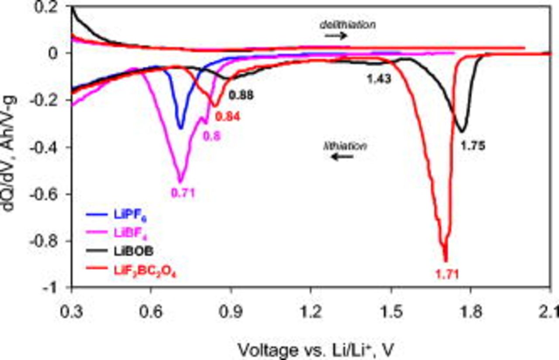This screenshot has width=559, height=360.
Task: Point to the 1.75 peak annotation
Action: click(473, 146)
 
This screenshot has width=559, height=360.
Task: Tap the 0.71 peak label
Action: click(181, 192)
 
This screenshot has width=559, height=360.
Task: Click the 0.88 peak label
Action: click(242, 95)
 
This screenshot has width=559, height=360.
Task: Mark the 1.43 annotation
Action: click(378, 79)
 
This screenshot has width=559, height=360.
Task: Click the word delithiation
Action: click(347, 25)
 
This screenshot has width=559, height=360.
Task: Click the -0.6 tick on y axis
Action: click(52, 194)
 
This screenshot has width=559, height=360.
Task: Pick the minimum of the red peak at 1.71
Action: click(445, 261)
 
